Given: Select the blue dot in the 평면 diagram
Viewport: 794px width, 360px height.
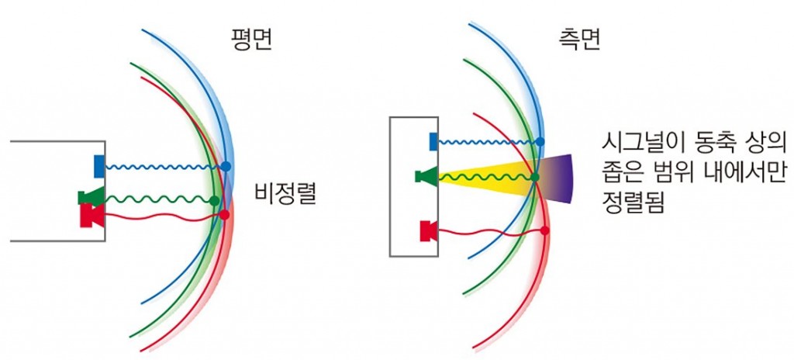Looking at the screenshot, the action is pos(226,166).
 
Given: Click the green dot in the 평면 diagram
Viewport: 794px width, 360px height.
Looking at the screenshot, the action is pos(214,201).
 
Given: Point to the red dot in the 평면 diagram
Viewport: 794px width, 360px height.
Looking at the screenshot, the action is pos(224,215).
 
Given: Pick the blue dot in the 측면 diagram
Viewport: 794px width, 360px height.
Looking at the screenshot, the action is pos(540,142).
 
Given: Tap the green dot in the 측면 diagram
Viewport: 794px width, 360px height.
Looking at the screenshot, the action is pos(535,177).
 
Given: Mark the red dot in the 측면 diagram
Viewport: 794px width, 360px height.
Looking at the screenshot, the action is pos(545,230).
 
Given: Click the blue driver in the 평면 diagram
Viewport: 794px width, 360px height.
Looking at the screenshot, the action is pos(99,167).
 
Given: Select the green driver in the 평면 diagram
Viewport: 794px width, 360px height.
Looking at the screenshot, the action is pos(91,196).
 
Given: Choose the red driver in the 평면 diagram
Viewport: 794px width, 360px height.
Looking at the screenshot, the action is pos(92,216).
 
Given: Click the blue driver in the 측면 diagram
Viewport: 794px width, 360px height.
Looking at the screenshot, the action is pos(433,141).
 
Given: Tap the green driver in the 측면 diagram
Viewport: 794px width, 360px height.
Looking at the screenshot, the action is pos(426,176).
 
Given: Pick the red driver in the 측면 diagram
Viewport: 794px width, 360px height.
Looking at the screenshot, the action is pos(429,231).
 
